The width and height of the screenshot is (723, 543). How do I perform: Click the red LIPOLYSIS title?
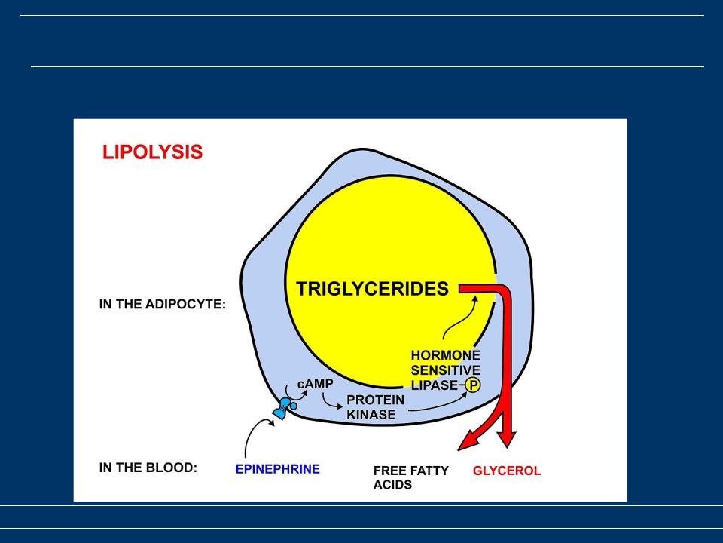[152, 152]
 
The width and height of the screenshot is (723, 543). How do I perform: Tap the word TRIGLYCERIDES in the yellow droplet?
[372, 289]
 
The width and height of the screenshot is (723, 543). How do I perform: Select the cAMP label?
[315, 384]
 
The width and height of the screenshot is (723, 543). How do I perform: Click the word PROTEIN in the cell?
[375, 400]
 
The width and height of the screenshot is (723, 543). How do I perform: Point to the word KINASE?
[371, 415]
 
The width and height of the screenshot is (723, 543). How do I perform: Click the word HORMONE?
[445, 355]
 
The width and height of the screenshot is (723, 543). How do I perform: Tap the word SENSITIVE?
[445, 370]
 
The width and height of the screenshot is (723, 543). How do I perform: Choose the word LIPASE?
[435, 385]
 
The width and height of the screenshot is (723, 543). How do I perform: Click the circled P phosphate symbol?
[473, 385]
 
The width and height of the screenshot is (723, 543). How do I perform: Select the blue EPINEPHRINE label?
[278, 469]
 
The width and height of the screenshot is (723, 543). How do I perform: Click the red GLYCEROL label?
[507, 471]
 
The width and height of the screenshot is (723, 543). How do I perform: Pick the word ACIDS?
[392, 485]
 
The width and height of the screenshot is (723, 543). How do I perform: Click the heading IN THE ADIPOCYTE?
[163, 305]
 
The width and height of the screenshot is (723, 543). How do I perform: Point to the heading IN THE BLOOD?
[148, 468]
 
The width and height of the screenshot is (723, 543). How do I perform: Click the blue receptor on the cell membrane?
[285, 409]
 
